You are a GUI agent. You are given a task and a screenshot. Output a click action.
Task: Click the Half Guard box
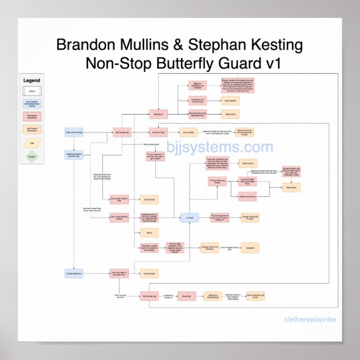158,114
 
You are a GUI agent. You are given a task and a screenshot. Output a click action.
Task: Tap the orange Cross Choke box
187,132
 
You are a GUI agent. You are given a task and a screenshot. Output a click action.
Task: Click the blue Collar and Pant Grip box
74,132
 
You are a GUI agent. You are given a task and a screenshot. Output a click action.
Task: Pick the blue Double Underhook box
74,273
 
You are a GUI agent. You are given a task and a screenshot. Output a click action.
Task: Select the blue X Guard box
190,218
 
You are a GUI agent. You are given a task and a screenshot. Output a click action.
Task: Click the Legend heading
31,80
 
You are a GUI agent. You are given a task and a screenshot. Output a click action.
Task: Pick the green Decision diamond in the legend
31,156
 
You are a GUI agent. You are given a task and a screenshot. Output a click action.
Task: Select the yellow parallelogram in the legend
31,143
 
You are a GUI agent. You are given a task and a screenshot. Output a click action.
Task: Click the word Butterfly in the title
191,63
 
